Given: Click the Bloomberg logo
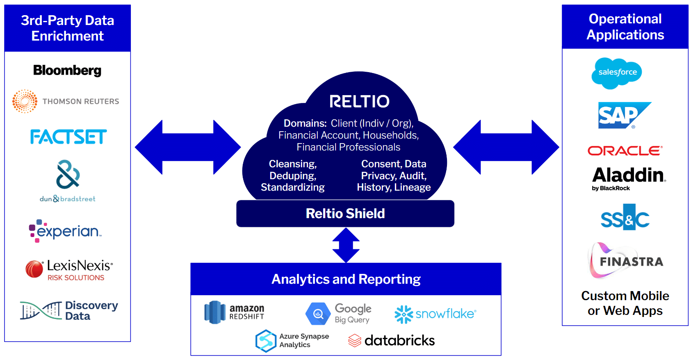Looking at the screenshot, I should point(67,71).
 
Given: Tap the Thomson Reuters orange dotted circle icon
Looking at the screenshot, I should point(25,101).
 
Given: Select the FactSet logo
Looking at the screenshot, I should point(68,137).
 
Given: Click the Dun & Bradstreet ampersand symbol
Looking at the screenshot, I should point(68,174).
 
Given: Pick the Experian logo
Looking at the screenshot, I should point(66,231).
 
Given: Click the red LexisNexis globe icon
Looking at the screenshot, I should point(34,269).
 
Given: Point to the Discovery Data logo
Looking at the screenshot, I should point(69,310).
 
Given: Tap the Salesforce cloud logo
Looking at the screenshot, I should point(617,73).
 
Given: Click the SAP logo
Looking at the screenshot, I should point(624,115).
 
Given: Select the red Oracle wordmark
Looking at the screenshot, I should point(625,151).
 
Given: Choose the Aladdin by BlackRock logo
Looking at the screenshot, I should point(629,178).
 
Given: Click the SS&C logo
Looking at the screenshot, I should point(625,218).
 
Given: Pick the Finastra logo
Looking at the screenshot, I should point(625,261).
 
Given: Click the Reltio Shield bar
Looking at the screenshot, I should point(345,214).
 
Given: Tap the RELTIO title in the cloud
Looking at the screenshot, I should point(359,102).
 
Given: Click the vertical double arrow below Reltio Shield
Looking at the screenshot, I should point(346,245).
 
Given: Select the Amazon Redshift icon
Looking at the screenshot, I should point(215,312).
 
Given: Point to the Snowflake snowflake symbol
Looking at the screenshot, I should point(403,314).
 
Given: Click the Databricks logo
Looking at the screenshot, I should point(392,340).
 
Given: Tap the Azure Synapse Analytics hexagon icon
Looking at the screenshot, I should point(266,341).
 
